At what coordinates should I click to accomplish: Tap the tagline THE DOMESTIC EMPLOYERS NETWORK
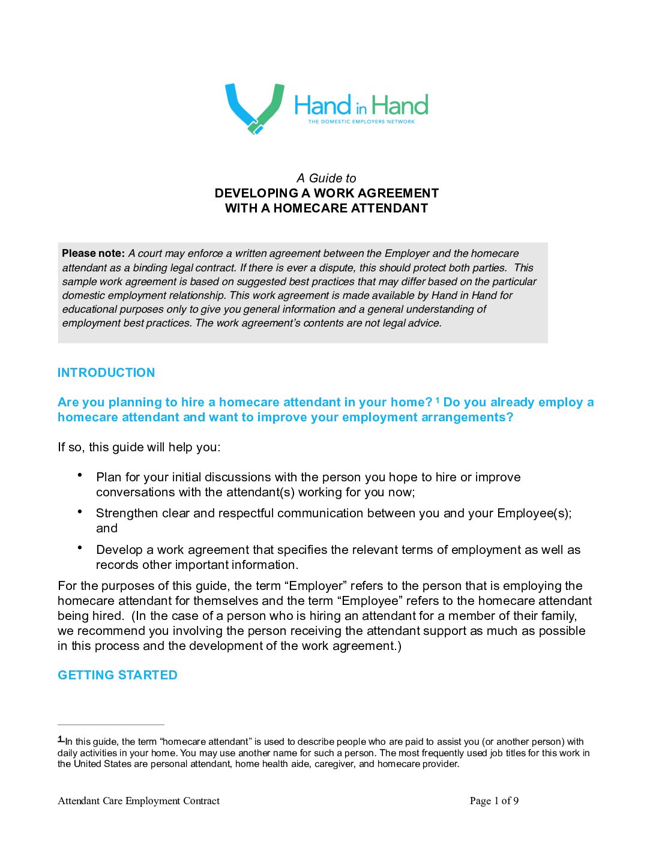point(361,122)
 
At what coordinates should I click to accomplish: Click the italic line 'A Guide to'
point(326,178)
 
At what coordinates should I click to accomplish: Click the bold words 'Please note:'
point(93,253)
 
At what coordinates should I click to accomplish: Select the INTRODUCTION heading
point(106,373)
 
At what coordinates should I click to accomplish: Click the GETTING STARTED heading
point(118,675)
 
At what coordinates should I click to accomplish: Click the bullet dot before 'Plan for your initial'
point(80,475)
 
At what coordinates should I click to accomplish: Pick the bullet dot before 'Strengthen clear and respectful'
point(80,511)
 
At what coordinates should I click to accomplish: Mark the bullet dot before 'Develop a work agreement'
point(80,547)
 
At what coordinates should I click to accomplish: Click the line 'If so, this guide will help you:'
point(139,447)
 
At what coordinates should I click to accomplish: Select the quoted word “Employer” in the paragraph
point(314,586)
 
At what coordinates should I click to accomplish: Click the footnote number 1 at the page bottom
point(60,739)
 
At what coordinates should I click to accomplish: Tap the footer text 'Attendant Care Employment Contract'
point(139,801)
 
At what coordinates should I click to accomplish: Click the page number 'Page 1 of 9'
point(494,801)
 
